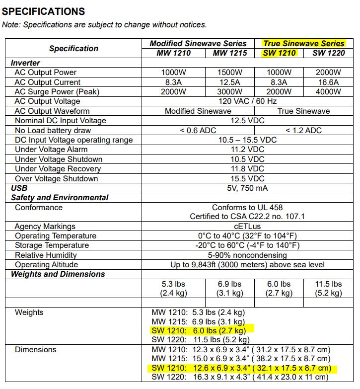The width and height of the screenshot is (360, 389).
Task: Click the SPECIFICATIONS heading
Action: [44, 11]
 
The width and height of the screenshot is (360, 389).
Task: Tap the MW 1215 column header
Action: [229, 53]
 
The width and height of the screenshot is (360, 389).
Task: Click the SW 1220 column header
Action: [329, 53]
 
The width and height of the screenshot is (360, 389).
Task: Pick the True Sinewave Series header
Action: [303, 43]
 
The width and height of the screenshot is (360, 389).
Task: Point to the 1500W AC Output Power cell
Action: [229, 73]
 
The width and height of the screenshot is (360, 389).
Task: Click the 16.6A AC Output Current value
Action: [328, 82]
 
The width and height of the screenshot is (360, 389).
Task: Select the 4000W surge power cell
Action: [328, 92]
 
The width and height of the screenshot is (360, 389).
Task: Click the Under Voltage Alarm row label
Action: [51, 150]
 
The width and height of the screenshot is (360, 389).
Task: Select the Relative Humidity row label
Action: [46, 255]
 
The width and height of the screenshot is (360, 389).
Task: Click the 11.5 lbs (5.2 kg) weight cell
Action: [328, 289]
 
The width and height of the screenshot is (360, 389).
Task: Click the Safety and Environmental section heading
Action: [60, 198]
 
